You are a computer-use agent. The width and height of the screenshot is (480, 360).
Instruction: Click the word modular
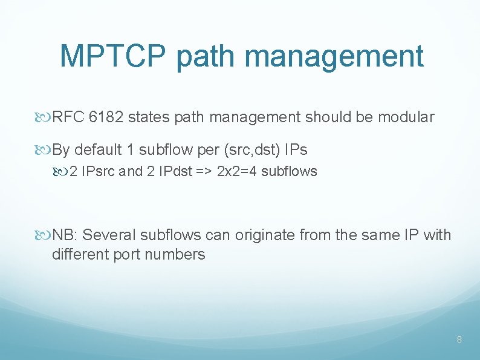[406, 117]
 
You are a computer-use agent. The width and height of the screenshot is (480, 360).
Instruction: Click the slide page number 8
[459, 340]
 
